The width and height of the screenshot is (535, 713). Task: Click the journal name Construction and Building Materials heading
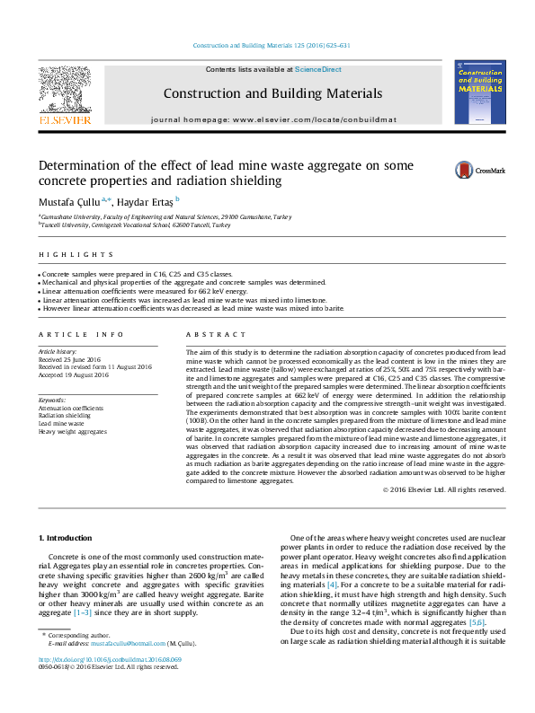tap(272, 93)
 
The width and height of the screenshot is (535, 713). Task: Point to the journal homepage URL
tap(272, 119)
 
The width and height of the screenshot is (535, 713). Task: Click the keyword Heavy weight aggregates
tap(73, 432)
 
